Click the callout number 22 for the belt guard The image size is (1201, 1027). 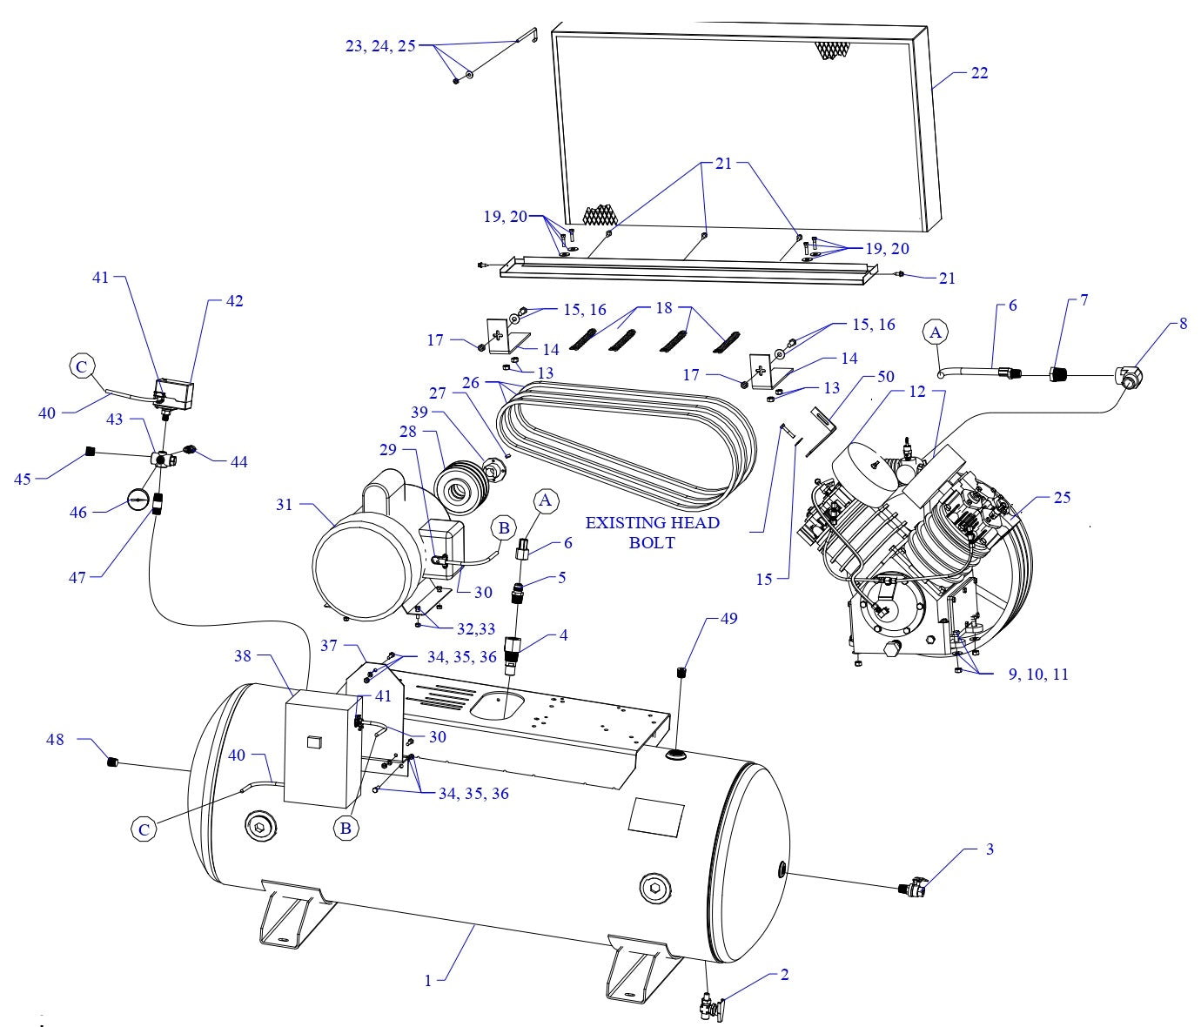(979, 73)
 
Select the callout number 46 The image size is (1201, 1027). (78, 513)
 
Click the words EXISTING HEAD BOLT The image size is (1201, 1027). (652, 532)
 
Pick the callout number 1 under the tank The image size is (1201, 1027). (428, 980)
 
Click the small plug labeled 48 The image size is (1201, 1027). (111, 763)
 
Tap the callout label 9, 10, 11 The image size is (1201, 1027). (1038, 675)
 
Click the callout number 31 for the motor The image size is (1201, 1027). (284, 505)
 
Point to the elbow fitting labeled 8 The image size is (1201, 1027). (1130, 377)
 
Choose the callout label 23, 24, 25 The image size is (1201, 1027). (380, 46)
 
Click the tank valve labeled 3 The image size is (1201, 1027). (912, 889)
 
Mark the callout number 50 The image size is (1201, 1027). (885, 377)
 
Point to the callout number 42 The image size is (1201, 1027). (234, 301)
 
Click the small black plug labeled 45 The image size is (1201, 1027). (89, 451)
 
